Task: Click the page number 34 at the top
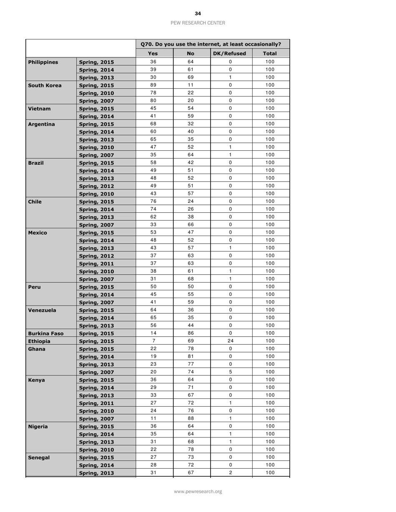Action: click(198, 14)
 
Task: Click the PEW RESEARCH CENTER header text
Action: click(198, 23)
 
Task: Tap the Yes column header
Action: click(153, 54)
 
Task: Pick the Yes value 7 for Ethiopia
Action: click(153, 353)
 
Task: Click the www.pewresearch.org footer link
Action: click(198, 491)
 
